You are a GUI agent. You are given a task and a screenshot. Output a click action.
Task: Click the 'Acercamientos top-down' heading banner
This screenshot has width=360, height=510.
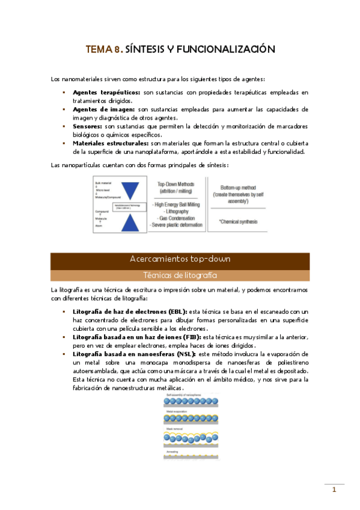pos(180,259)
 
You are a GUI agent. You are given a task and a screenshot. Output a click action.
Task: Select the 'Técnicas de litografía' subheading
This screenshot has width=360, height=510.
pos(180,275)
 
